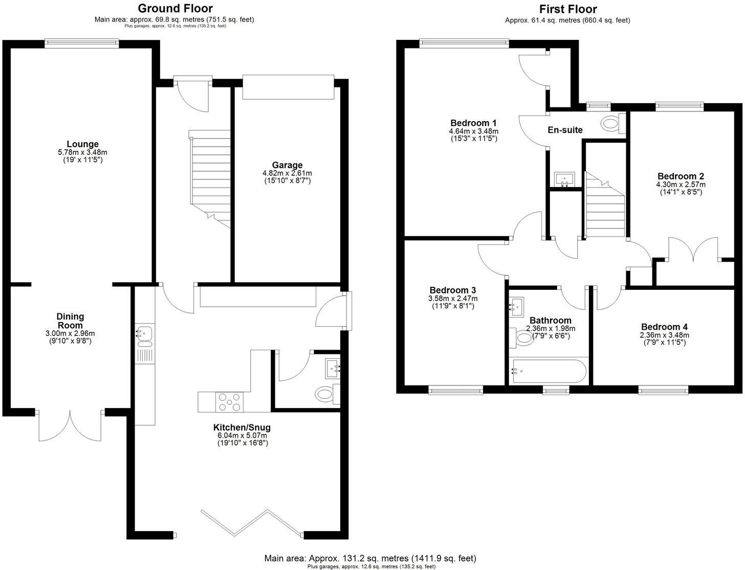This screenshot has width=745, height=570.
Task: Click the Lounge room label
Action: pyautogui.click(x=82, y=144)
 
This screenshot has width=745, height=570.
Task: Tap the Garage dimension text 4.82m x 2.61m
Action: pyautogui.click(x=287, y=173)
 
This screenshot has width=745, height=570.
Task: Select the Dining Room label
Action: pyautogui.click(x=70, y=321)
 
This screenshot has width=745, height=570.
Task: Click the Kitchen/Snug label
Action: pyautogui.click(x=242, y=427)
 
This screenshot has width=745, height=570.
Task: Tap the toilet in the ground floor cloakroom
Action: pyautogui.click(x=325, y=394)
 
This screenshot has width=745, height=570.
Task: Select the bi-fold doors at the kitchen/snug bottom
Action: pyautogui.click(x=251, y=521)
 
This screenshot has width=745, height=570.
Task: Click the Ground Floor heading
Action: pyautogui.click(x=175, y=8)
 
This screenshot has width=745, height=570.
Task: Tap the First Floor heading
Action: pyautogui.click(x=567, y=9)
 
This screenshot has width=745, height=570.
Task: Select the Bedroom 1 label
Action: pyautogui.click(x=473, y=123)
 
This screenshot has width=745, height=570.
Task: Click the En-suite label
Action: pyautogui.click(x=565, y=130)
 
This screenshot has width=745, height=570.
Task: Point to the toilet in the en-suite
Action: pyautogui.click(x=610, y=123)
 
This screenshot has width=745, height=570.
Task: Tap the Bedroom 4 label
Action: pyautogui.click(x=664, y=327)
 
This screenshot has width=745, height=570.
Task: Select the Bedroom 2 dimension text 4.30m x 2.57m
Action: pyautogui.click(x=680, y=185)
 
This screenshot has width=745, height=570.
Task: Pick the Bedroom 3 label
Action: pyautogui.click(x=453, y=290)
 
